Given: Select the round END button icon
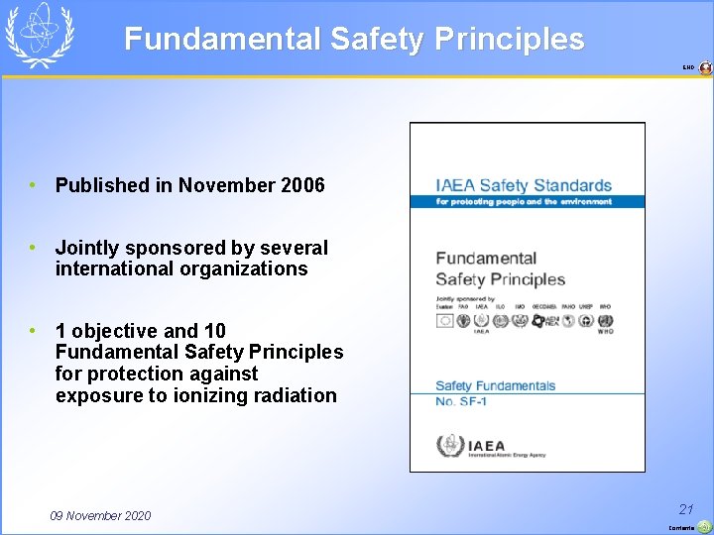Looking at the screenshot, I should pos(705,68).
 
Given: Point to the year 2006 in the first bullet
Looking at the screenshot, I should pos(301,185).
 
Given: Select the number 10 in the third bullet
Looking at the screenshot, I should pos(214,331).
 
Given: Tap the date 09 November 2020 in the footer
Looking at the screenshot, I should pos(100,515).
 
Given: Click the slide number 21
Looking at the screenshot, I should pos(685,509).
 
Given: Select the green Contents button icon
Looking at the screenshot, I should pos(704,527).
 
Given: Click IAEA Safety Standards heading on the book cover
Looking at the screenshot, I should pos(524,185).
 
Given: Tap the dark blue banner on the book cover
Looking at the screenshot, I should pos(527,201).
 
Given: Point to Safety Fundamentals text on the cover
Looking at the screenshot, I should pos(495,385).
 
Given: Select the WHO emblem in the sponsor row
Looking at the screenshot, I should pos(605,321).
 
